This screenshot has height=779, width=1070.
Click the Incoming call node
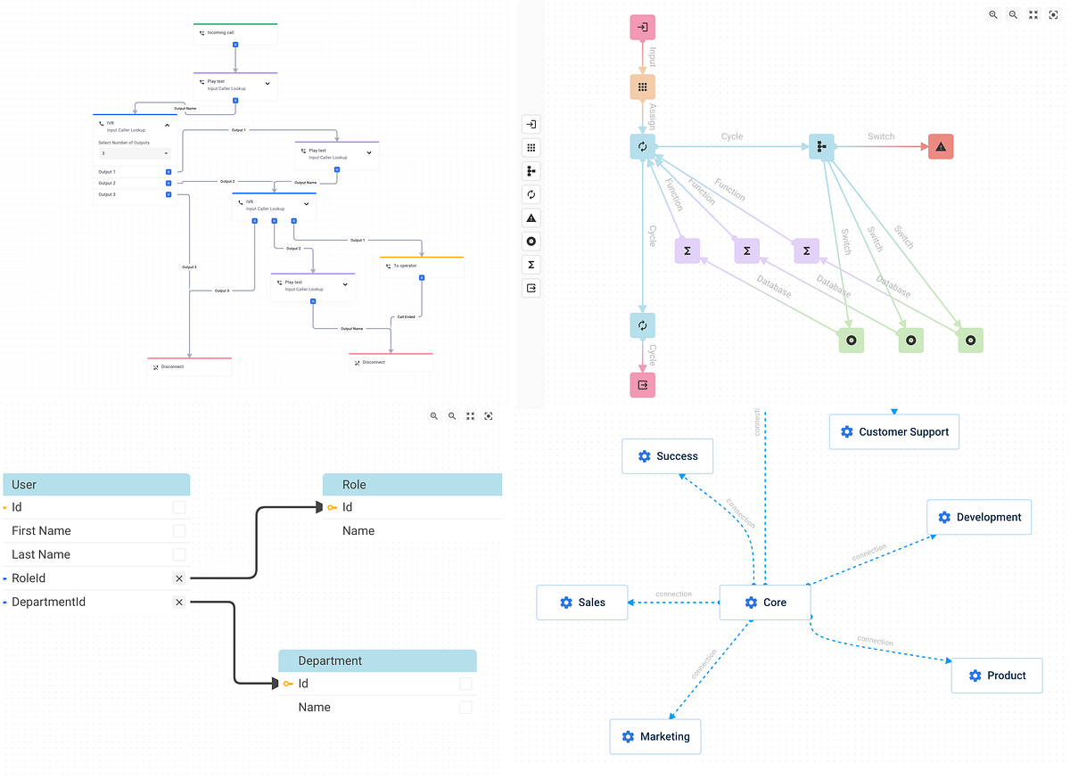(x=235, y=33)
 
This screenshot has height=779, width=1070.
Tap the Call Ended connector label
(x=406, y=316)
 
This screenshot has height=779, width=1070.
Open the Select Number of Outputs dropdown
(x=134, y=153)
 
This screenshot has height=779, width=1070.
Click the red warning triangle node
(x=941, y=147)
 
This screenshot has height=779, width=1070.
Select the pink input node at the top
(x=642, y=28)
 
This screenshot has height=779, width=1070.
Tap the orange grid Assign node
(x=642, y=87)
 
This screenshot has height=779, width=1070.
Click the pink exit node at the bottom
(x=642, y=385)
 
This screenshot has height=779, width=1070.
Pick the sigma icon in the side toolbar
(x=531, y=265)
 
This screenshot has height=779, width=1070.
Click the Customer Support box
(x=893, y=432)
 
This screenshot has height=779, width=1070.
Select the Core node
(x=765, y=603)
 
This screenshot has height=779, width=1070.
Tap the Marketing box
(x=654, y=737)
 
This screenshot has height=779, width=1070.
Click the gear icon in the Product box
(x=975, y=676)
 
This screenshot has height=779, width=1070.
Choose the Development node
(x=978, y=517)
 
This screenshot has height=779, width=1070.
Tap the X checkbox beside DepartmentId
(x=179, y=603)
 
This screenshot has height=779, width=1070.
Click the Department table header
(x=377, y=660)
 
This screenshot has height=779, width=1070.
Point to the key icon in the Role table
(x=332, y=507)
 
